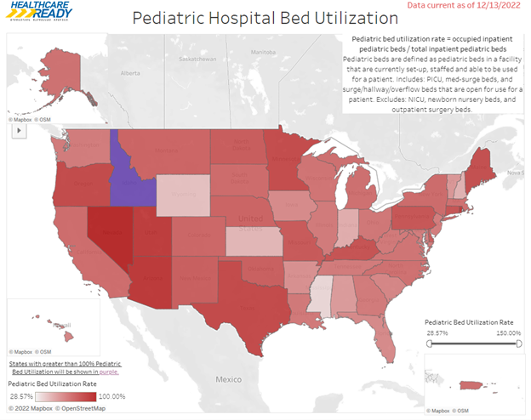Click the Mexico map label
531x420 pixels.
(229, 378)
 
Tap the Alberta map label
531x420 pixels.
(129, 73)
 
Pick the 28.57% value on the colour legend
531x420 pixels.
(21, 396)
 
